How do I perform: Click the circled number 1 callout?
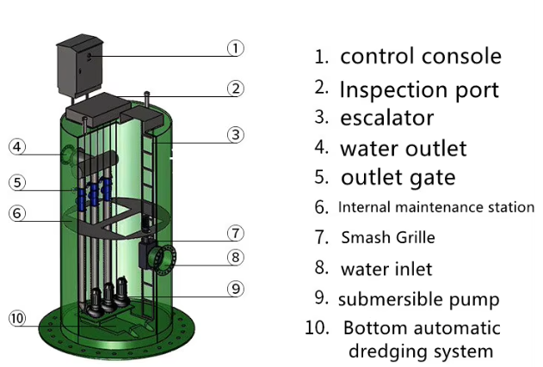point(236,48)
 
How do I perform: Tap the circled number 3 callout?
point(236,135)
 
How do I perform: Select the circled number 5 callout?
point(17,182)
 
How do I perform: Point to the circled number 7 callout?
point(236,233)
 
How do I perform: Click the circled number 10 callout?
point(17,318)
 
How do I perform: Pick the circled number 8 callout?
point(236,257)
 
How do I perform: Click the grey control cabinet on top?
point(80,65)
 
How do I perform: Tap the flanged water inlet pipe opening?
point(164,260)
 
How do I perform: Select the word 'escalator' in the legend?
point(387,118)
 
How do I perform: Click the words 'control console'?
point(421,56)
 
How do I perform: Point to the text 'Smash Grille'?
point(388,237)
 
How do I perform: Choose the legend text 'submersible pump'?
point(419,300)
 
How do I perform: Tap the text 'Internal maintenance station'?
point(436,207)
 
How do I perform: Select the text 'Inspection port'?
point(419,90)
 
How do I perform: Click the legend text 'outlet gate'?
point(398,178)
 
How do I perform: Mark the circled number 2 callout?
point(236,89)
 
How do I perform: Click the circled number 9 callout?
point(236,289)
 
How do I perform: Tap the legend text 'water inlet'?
point(386,269)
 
